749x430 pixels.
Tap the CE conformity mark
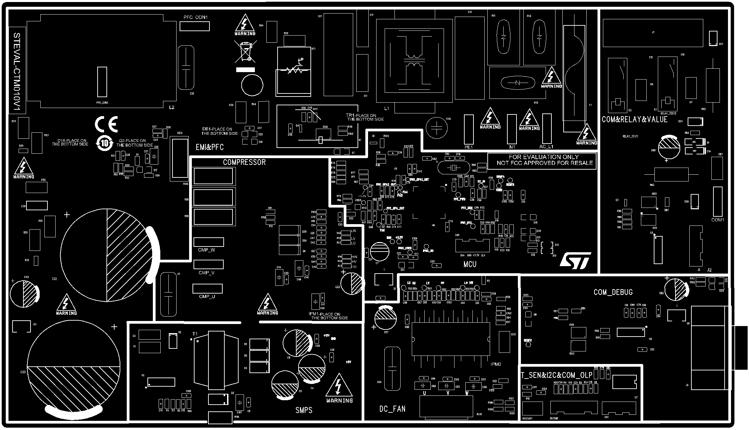[106, 124]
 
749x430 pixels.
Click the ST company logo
[575, 261]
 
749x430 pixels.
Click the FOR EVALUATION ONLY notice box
[542, 160]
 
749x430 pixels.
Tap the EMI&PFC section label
[209, 147]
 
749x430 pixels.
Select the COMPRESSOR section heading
[244, 163]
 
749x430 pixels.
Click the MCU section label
[470, 264]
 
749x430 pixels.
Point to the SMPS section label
[304, 410]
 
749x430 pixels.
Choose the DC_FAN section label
[392, 409]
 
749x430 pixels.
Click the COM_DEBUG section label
[613, 292]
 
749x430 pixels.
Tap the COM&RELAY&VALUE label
[634, 120]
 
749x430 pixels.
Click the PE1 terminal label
[468, 147]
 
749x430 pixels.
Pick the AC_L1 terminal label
[546, 147]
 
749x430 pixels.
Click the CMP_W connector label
[206, 250]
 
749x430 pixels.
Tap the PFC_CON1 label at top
[196, 17]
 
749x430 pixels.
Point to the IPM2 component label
[496, 364]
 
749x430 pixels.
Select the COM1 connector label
[717, 220]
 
